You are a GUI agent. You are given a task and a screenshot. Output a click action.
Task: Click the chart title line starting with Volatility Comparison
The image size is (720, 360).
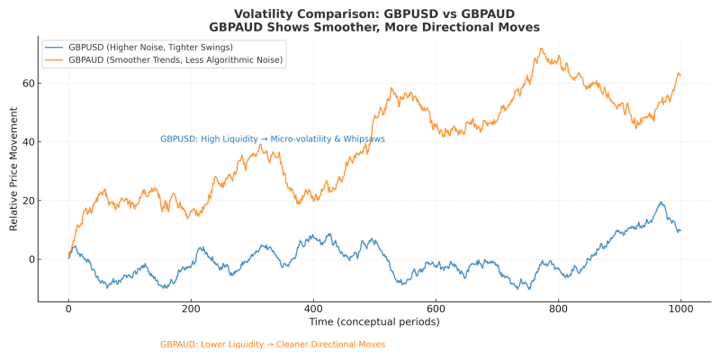click(x=373, y=13)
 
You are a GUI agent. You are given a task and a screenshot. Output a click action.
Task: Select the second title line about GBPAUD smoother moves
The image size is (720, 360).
click(x=373, y=27)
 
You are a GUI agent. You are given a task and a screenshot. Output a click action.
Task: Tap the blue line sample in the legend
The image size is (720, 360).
click(x=54, y=46)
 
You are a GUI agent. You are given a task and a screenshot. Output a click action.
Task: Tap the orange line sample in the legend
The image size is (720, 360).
click(x=54, y=60)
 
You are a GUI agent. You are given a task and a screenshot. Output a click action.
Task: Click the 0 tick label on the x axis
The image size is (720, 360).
click(x=68, y=309)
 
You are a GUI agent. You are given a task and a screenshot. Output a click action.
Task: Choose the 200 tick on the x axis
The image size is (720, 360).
click(x=191, y=309)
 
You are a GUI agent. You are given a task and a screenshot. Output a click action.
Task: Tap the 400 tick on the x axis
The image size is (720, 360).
click(x=313, y=309)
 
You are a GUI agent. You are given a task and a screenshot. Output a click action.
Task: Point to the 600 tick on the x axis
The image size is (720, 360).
click(x=436, y=309)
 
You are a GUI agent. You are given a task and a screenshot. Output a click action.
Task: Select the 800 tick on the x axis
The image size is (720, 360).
click(x=558, y=309)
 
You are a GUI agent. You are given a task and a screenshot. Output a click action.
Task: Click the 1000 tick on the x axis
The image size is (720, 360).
click(x=680, y=309)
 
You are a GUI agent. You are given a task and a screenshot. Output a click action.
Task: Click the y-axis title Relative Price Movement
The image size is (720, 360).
click(x=13, y=171)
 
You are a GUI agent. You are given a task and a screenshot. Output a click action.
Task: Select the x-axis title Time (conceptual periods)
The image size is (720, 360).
click(x=373, y=321)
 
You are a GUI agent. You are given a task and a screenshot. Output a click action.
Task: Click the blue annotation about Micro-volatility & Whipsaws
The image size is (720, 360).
click(x=284, y=139)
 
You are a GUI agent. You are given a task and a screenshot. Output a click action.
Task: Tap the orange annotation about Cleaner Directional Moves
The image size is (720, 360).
click(x=273, y=345)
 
